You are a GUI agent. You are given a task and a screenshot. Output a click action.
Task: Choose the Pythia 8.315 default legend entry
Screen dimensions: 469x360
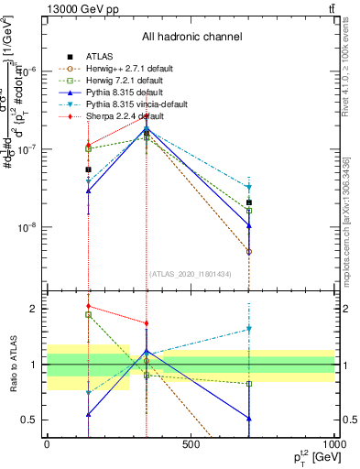108,93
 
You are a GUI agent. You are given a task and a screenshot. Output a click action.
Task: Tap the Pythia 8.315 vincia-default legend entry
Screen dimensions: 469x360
119,105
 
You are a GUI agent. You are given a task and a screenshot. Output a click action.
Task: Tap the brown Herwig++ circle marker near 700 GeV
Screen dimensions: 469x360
248,251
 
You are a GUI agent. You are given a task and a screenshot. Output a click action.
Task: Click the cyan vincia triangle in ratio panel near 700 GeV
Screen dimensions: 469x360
248,329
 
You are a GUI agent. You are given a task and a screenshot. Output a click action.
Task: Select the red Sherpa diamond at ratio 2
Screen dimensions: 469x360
88,306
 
